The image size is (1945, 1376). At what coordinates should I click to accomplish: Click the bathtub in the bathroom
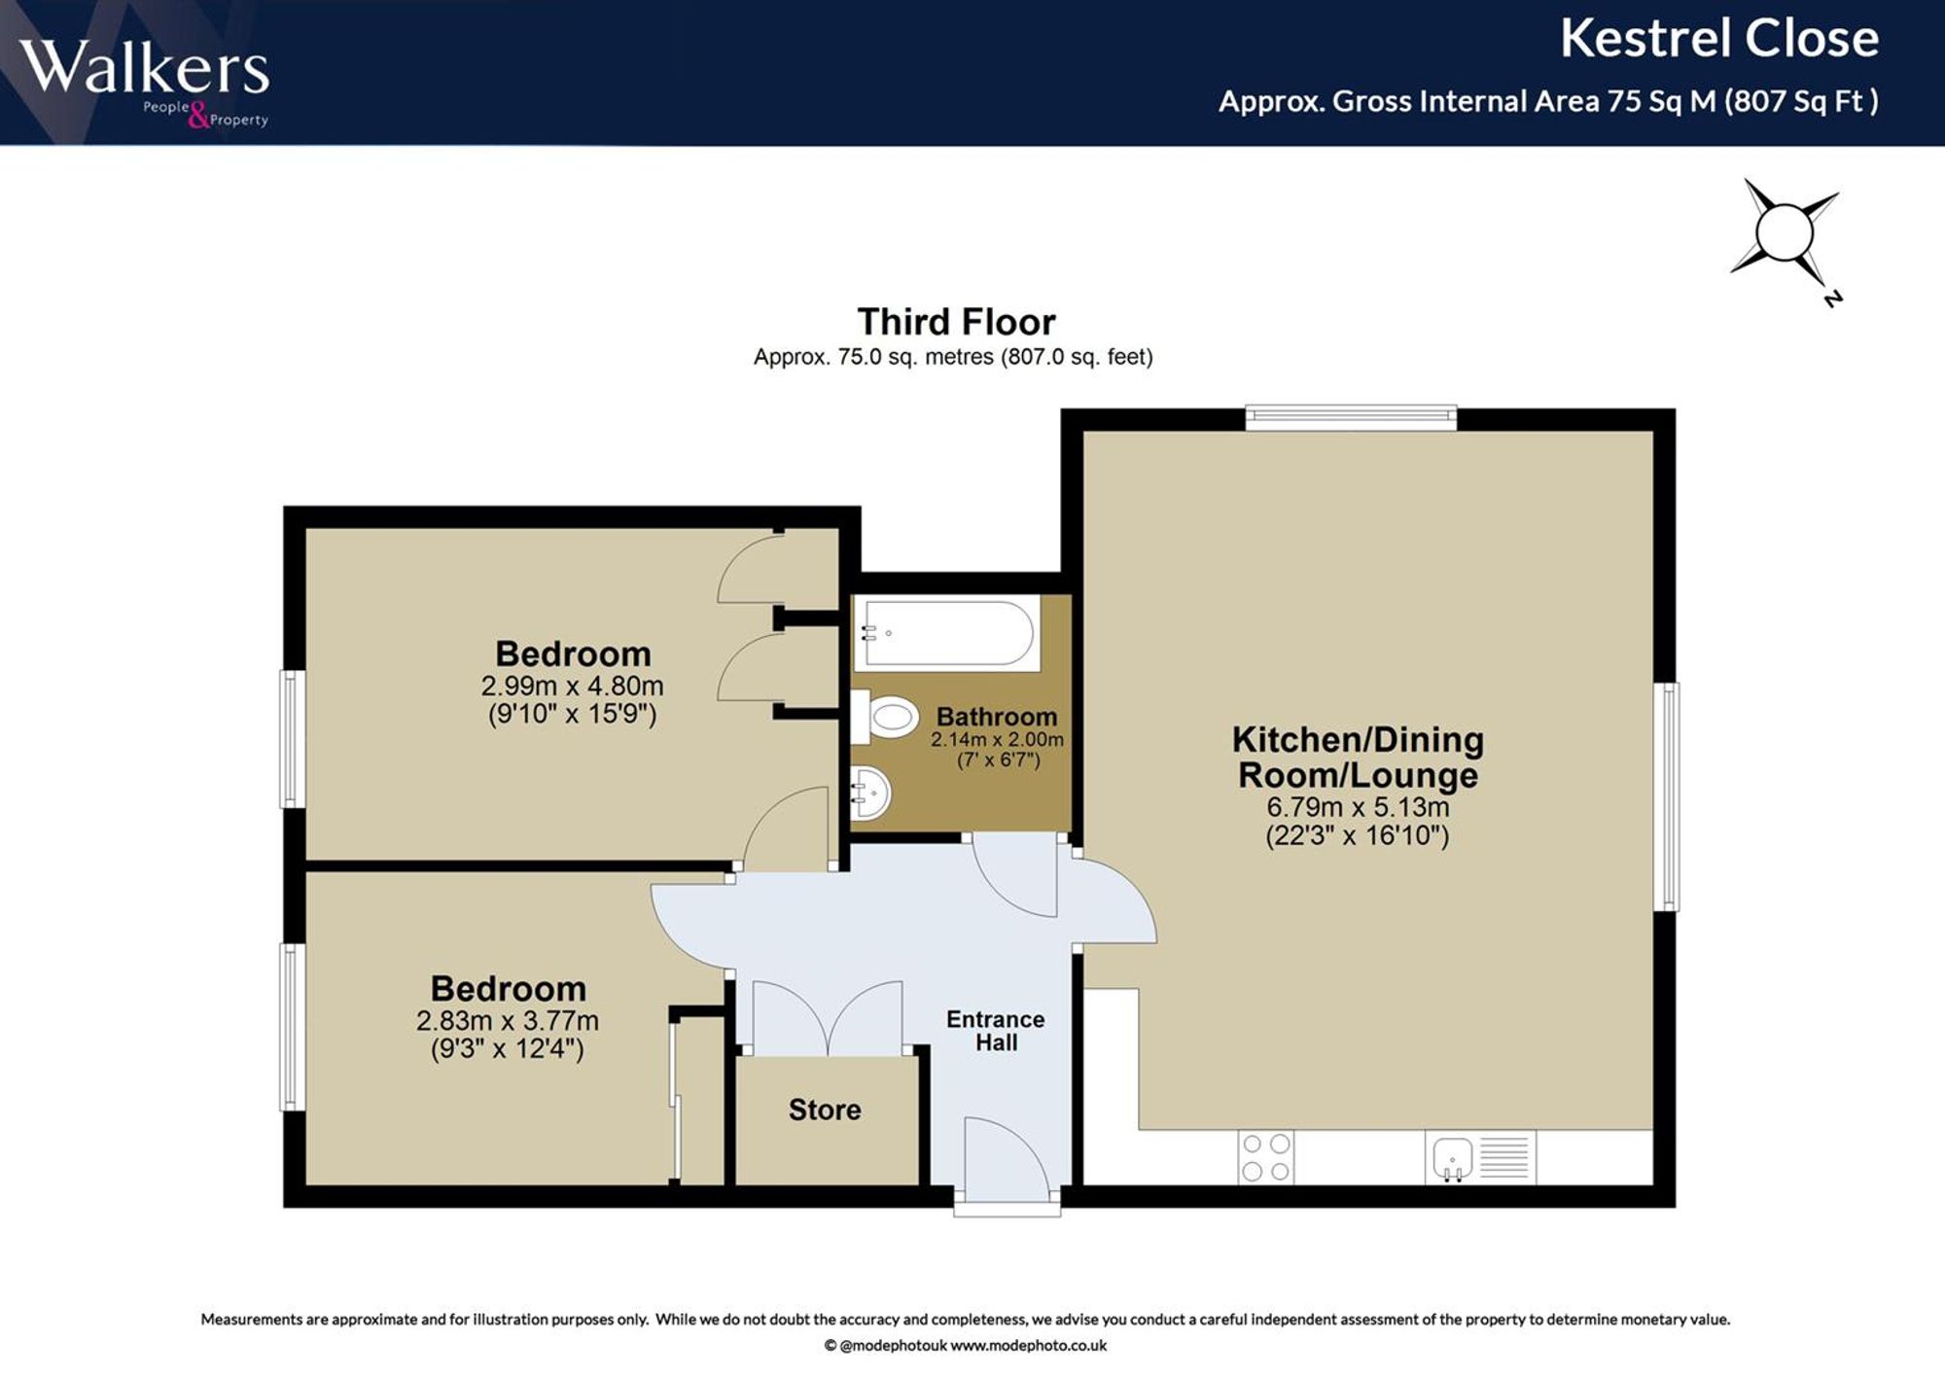click(x=947, y=633)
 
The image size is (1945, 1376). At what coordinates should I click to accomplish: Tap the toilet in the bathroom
click(x=885, y=718)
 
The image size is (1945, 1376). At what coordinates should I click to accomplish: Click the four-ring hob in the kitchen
click(x=1266, y=1157)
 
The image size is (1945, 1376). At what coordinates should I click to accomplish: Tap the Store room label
click(x=825, y=1110)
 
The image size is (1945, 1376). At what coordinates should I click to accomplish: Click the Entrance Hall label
click(x=996, y=1031)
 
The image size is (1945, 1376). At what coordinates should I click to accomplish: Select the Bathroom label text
click(x=997, y=717)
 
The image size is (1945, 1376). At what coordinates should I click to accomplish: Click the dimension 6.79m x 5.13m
click(x=1358, y=807)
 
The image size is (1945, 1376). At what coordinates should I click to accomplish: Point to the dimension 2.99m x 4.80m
click(x=572, y=686)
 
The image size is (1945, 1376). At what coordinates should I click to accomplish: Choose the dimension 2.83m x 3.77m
click(x=508, y=1021)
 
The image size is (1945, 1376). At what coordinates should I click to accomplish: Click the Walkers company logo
click(x=144, y=80)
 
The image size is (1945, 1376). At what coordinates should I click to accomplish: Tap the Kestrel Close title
click(x=1719, y=39)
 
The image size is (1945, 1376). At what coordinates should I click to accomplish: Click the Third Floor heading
click(x=956, y=322)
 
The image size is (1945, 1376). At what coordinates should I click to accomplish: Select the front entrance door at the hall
click(x=1008, y=1162)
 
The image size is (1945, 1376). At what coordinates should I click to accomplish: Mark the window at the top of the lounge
click(x=1352, y=418)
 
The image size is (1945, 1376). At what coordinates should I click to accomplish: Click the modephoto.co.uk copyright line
click(x=965, y=1346)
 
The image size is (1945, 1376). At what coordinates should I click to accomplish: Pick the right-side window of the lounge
click(x=1667, y=796)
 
